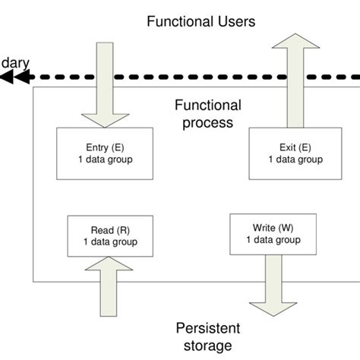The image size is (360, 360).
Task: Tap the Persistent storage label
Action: coord(207,337)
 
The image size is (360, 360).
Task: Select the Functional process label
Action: coord(207,114)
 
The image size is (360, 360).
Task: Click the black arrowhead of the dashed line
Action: coord(17,76)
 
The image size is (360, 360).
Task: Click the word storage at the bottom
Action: coord(207,347)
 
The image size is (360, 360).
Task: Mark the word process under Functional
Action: coord(207,122)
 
